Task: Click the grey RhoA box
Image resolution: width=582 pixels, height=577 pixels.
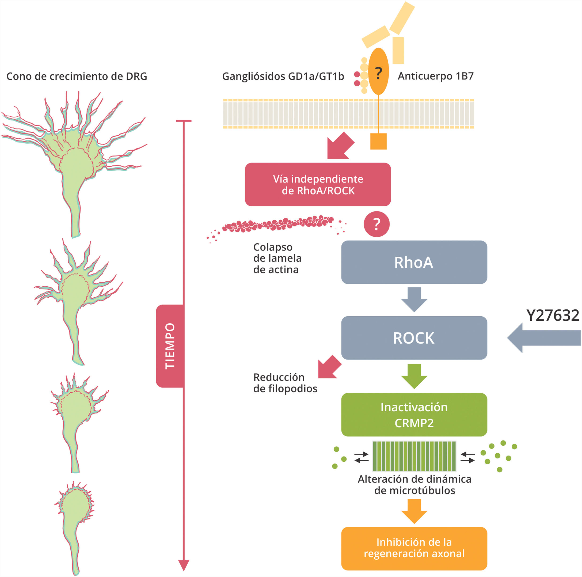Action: (x=414, y=262)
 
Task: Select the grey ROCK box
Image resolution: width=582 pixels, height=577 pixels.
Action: (x=414, y=338)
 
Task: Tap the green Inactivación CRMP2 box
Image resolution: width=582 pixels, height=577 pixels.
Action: (x=414, y=415)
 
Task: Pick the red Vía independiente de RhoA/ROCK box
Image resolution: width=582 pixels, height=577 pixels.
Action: (x=318, y=184)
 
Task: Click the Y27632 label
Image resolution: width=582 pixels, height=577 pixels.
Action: (x=553, y=315)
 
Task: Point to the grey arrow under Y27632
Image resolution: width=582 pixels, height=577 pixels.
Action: (x=544, y=338)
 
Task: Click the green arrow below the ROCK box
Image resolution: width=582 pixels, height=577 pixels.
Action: (x=414, y=376)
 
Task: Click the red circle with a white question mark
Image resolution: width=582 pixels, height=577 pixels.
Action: (x=376, y=224)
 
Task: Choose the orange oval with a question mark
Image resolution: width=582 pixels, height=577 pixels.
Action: (x=378, y=71)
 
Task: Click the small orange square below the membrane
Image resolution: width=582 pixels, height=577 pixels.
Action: (x=378, y=141)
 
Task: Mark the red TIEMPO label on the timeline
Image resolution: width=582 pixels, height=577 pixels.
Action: (x=170, y=346)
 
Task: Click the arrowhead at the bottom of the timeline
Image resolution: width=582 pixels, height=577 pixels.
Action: (x=184, y=565)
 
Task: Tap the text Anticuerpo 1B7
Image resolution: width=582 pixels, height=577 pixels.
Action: (x=436, y=76)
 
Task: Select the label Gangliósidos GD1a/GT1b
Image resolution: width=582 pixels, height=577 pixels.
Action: (x=283, y=76)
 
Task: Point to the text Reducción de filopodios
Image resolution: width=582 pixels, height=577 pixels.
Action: (x=285, y=383)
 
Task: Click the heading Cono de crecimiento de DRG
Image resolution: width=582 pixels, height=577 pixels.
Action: (x=77, y=76)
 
